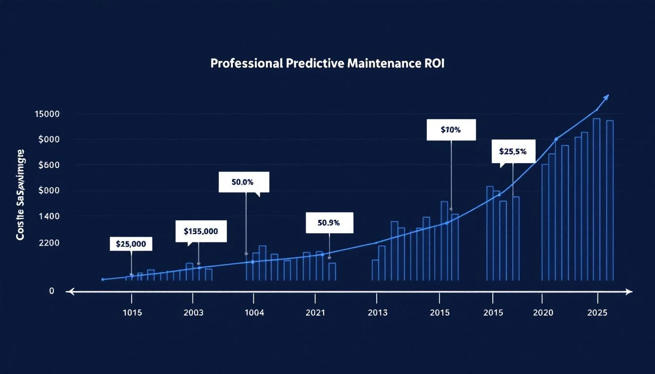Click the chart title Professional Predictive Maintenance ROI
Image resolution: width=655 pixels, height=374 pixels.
327,64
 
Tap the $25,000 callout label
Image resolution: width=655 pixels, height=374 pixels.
131,243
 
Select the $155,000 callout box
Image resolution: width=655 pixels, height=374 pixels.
201,231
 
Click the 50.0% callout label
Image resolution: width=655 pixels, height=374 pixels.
243,182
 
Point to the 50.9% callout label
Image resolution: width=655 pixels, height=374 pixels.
328,223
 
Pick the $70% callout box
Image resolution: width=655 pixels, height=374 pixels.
451,130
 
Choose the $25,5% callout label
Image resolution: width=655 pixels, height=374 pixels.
513,151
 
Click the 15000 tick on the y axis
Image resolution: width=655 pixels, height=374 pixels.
47,114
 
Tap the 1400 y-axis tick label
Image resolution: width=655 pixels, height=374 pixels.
49,216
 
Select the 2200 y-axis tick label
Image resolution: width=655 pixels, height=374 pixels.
49,242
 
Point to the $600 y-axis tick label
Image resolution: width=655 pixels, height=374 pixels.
49,165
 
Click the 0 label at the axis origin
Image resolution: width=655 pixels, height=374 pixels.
52,291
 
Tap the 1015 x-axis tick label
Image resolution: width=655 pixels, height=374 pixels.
132,313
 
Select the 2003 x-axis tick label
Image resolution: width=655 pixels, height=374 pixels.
193,313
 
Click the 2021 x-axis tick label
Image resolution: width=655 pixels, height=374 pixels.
315,313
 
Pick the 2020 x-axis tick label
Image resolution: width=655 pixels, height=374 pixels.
543,313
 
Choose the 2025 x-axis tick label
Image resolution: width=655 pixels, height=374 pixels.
597,313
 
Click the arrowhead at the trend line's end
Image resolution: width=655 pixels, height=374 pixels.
606,97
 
